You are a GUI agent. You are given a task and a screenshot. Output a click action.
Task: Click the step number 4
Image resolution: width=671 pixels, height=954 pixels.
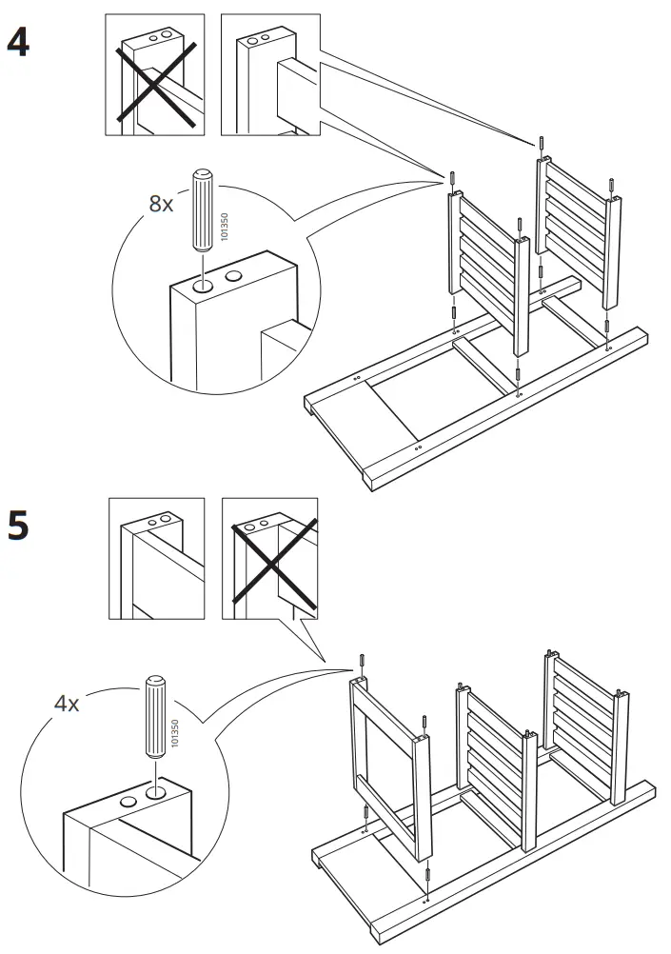click(18, 43)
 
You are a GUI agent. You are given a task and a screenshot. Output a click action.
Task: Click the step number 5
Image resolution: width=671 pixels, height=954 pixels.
click(18, 526)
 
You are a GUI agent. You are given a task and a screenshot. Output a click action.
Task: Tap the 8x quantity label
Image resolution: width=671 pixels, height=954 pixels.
click(163, 204)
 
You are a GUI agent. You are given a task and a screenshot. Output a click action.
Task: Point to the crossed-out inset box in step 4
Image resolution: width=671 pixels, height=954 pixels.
click(154, 75)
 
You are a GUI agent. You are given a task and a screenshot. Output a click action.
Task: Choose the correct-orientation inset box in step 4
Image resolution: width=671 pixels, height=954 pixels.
click(270, 75)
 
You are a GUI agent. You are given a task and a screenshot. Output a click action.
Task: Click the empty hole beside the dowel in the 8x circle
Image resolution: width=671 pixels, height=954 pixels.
click(233, 276)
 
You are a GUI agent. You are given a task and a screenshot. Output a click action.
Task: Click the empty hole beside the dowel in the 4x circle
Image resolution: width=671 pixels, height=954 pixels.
click(127, 803)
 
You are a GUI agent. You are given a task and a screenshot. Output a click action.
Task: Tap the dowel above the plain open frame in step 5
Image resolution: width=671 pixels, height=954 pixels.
click(363, 662)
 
